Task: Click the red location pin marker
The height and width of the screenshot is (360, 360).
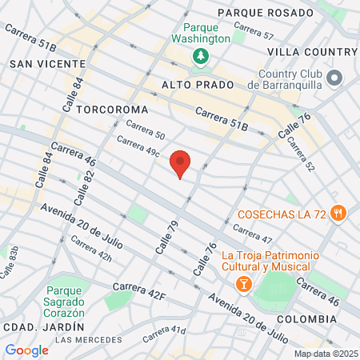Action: click(181, 163)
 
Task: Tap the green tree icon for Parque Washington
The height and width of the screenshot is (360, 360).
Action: click(198, 56)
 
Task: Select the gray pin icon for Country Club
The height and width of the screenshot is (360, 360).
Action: click(334, 78)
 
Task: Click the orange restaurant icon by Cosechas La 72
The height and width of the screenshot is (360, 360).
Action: click(340, 214)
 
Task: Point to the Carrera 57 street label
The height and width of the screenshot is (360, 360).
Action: click(258, 34)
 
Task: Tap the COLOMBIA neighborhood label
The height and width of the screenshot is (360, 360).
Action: click(306, 318)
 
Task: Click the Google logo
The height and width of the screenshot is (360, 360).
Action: click(26, 350)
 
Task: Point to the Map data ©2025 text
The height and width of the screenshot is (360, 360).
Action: click(325, 354)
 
